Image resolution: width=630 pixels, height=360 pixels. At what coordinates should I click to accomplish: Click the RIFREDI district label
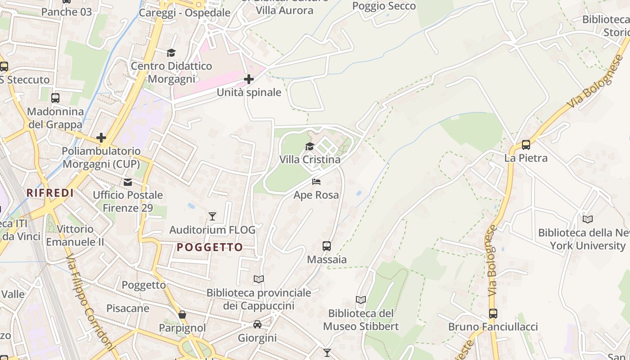pos(50,193)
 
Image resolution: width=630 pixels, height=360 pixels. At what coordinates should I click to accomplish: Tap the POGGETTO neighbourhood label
pos(210,247)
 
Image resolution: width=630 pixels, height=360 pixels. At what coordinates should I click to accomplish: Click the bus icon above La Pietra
pos(526,145)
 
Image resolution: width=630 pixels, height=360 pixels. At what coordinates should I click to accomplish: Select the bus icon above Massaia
pos(327,246)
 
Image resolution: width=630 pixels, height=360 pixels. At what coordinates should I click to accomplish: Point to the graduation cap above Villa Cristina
pos(310,146)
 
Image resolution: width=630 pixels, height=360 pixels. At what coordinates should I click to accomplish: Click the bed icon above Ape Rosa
pos(316,181)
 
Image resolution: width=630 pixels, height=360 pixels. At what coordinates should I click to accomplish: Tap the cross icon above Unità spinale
pos(248,80)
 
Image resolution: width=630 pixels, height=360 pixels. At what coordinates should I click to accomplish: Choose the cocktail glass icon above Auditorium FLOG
pos(212,216)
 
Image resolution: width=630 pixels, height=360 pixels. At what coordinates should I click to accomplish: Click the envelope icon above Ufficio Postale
pos(128,182)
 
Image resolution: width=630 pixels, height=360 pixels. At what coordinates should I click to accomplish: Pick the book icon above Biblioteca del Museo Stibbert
pos(360,300)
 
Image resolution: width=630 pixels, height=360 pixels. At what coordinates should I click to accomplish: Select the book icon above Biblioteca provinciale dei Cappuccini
pos(258,279)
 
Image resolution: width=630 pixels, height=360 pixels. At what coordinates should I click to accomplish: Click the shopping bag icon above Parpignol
pos(182,315)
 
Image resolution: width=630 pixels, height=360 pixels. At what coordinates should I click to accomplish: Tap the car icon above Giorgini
pos(257,324)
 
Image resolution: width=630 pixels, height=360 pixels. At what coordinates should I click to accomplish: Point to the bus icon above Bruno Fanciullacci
pos(493,313)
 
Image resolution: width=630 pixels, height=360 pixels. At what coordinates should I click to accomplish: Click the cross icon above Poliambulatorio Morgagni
pos(101,137)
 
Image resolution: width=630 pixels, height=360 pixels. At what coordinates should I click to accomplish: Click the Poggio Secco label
pos(384,6)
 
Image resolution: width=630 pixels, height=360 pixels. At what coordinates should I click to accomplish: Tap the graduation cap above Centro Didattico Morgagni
pos(171,53)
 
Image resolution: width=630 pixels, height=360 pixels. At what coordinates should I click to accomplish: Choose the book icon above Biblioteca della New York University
pos(587,220)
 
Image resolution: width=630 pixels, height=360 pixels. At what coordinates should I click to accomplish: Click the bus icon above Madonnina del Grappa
pos(55,98)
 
